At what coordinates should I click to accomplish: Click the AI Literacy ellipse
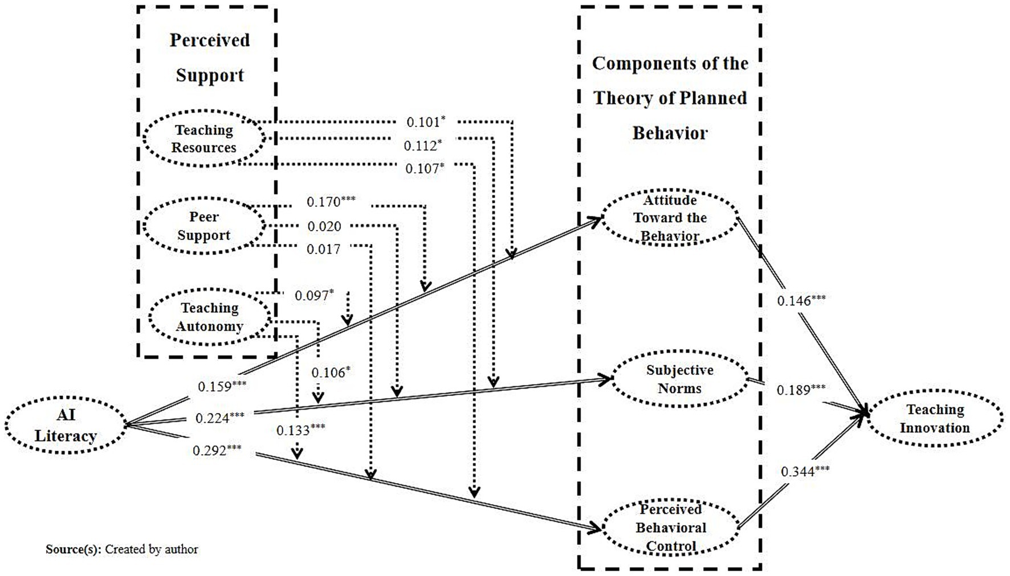pos(66,425)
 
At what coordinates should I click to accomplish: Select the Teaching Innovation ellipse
pos(935,419)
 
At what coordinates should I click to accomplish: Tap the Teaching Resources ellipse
pos(203,138)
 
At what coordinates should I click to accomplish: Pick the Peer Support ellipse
pos(203,226)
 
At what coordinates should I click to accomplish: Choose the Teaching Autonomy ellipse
pos(209,317)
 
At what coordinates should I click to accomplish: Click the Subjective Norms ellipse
pos(679,379)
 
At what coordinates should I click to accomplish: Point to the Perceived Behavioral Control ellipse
pos(671,528)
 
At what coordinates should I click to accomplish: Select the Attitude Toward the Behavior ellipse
pos(670,218)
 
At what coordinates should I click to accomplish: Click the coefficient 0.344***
pos(805,471)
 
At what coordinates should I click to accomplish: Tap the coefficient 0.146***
pos(801,300)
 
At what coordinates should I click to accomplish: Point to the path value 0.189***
pos(801,390)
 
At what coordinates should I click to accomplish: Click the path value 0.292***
pos(217,451)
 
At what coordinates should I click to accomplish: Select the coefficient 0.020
pos(324,227)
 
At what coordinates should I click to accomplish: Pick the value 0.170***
pos(331,202)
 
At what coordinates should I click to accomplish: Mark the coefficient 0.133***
pos(300,430)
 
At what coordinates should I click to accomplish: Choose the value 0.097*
pos(314,295)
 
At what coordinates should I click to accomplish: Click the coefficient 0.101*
pos(425,122)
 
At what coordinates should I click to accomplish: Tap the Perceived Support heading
pos(210,58)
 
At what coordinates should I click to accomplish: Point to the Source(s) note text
pos(122,549)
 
